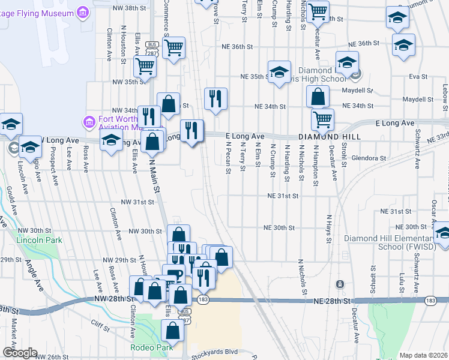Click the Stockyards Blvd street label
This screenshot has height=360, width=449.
pyautogui.click(x=215, y=352)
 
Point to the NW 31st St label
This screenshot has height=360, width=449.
pyautogui.click(x=137, y=202)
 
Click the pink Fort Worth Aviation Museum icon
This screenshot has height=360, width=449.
pyautogui.click(x=89, y=123)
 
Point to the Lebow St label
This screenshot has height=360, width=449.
pyautogui.click(x=445, y=95)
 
